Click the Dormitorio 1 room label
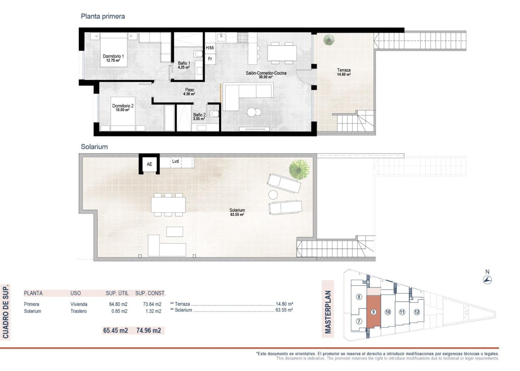[x=113, y=58]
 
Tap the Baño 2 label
[x=199, y=116]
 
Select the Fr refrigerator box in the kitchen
[x=210, y=58]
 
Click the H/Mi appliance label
[x=210, y=48]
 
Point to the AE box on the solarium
[x=149, y=164]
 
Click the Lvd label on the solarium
[x=175, y=162]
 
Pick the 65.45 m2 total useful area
[x=115, y=330]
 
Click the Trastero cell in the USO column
[x=78, y=311]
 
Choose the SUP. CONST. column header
[x=150, y=293]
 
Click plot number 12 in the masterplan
[x=416, y=312]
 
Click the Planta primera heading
[x=103, y=17]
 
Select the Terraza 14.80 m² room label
[x=344, y=72]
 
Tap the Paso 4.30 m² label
[x=190, y=92]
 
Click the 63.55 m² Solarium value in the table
[x=284, y=311]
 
